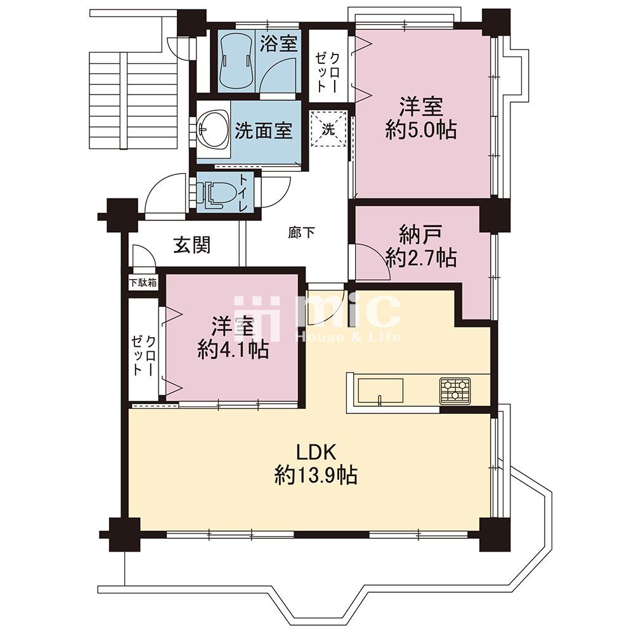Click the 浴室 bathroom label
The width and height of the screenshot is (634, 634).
[278, 44]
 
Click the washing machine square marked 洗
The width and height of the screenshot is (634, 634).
[328, 128]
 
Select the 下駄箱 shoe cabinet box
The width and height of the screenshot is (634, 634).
[143, 282]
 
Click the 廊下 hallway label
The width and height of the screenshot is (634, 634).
[301, 233]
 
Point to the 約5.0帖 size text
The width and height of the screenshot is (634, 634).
[421, 131]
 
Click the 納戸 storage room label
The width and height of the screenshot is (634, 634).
[420, 235]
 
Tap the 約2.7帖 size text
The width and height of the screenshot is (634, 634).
[421, 257]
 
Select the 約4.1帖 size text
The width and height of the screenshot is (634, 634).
[233, 350]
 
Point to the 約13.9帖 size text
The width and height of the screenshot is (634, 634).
[316, 475]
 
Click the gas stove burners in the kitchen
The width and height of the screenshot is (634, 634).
[455, 391]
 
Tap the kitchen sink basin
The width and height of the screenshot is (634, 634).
[379, 391]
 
